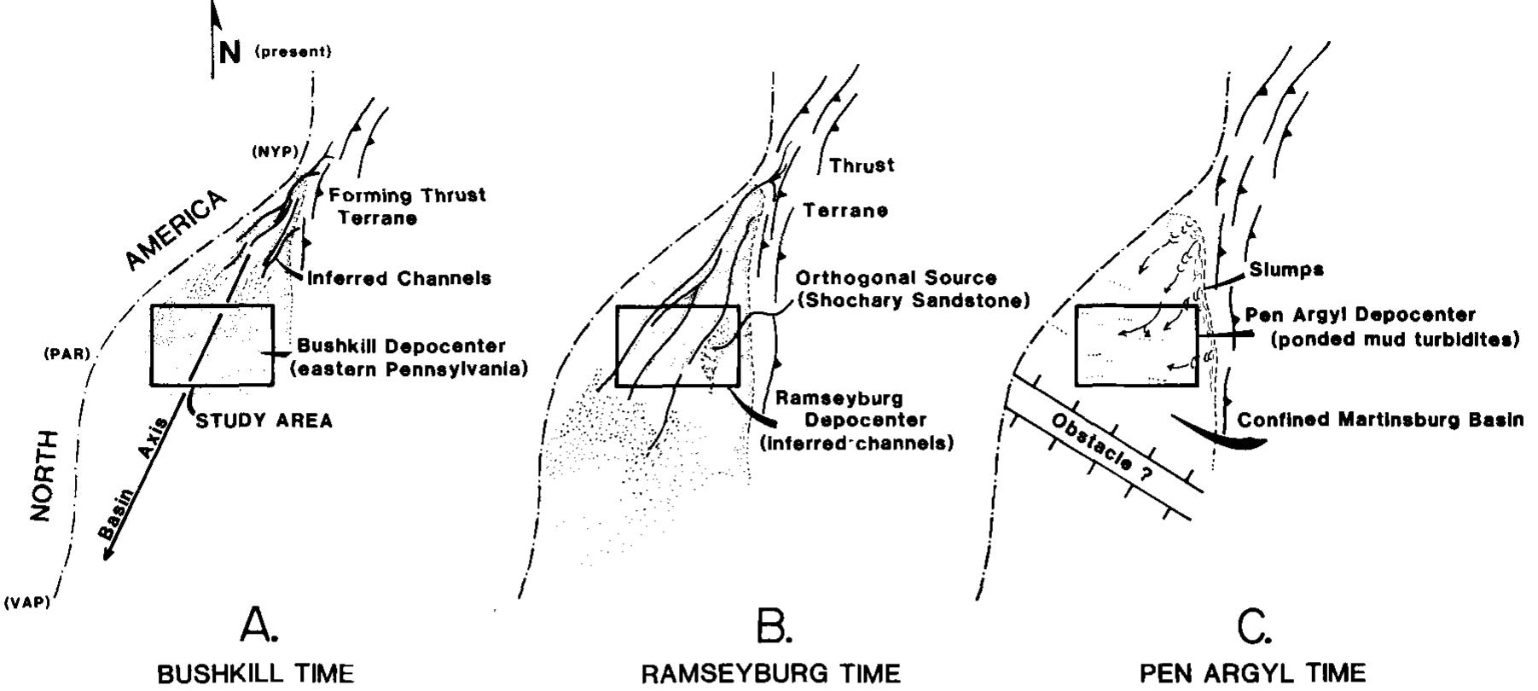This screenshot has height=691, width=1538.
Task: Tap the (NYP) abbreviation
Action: point(273,152)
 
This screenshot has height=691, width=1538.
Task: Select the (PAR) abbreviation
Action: point(67,353)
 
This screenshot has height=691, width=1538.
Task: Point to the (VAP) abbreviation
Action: point(26,602)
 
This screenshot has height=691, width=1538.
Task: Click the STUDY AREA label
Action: point(264,421)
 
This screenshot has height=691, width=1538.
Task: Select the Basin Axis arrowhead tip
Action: point(104,559)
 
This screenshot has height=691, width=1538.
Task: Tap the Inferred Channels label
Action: point(398,278)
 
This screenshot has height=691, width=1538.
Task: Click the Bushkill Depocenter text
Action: point(401,347)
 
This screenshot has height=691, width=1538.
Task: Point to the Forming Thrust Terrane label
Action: point(407,206)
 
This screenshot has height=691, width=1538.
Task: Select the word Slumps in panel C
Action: point(1286,270)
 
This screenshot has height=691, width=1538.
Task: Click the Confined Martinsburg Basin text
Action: point(1379,421)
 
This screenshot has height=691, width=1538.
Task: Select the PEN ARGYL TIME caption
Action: point(1252,673)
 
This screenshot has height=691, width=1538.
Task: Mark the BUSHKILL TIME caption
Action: point(256,673)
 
